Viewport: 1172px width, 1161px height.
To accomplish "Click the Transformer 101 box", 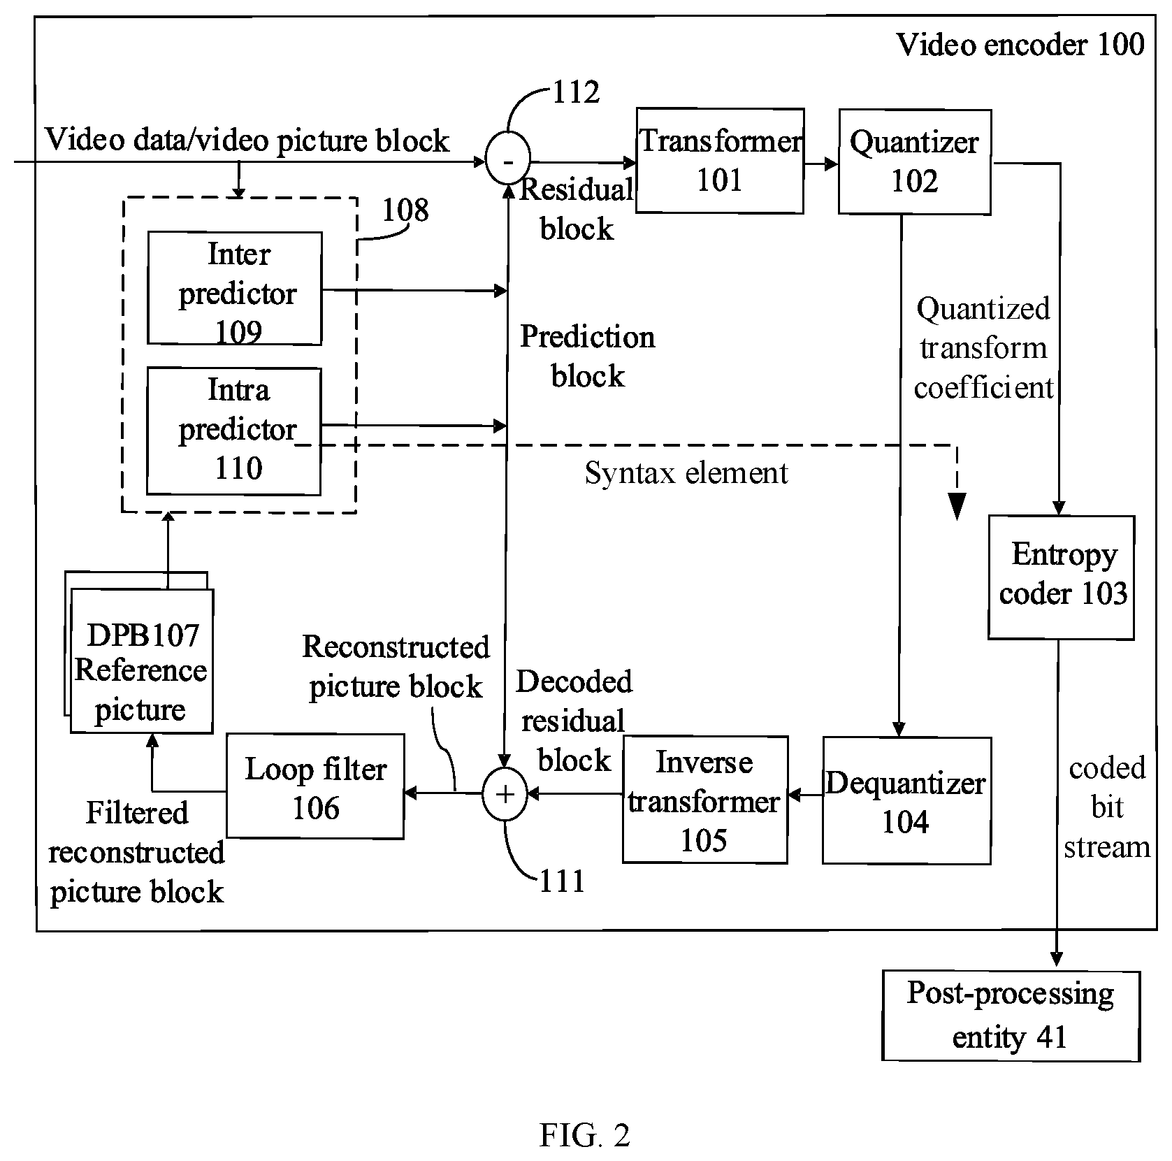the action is point(720,161).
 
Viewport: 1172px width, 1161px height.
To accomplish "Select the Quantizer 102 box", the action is point(914,161).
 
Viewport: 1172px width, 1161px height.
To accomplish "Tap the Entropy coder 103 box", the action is point(1061,577).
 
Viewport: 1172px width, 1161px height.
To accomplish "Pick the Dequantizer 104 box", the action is point(906,801).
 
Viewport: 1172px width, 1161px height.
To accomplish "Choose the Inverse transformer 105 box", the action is point(704,800).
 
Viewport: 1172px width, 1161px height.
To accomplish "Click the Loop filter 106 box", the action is point(315,786).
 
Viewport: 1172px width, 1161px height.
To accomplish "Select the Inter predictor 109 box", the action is point(235,289).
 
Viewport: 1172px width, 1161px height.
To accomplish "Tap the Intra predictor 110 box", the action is point(234,431).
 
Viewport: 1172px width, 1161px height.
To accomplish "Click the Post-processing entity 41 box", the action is point(1011,1016).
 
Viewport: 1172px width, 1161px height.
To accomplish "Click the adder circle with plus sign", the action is point(505,794).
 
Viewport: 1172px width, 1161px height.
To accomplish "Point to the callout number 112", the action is point(577,92).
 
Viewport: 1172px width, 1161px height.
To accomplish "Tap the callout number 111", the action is point(562,881).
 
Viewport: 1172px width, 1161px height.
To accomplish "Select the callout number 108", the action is point(405,210).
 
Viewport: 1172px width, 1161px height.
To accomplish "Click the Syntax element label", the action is point(686,473).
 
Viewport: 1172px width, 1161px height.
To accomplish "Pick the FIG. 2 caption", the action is point(585,1136).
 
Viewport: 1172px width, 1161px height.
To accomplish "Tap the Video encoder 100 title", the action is point(1020,45).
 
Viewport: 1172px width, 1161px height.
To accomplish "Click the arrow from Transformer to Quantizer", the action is point(821,164).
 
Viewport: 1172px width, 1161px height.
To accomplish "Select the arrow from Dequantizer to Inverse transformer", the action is point(805,795).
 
